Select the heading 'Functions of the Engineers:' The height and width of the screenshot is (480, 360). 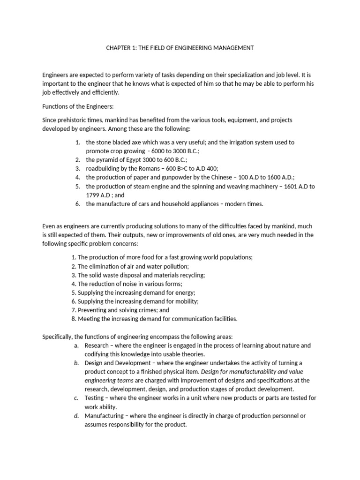[75, 106]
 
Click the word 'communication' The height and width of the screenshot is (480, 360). [191, 319]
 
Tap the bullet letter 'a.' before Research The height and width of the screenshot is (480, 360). [76, 345]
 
